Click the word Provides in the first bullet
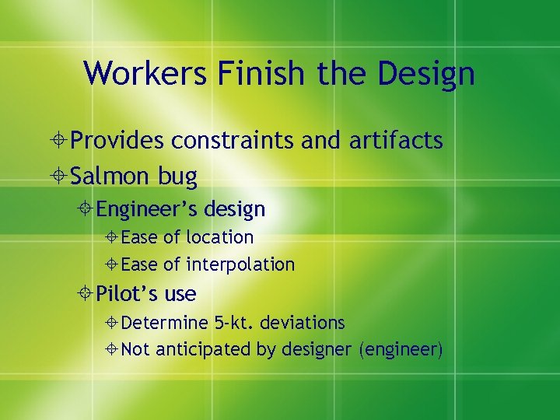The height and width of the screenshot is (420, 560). click(x=117, y=141)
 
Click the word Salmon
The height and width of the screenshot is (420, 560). click(x=111, y=176)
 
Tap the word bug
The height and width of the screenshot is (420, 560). click(x=177, y=177)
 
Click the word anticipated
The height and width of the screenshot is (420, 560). click(x=203, y=350)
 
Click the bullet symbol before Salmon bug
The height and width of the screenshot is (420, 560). click(x=59, y=177)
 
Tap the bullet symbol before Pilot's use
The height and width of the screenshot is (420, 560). click(x=86, y=295)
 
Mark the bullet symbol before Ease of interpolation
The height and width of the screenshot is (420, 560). click(x=113, y=265)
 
